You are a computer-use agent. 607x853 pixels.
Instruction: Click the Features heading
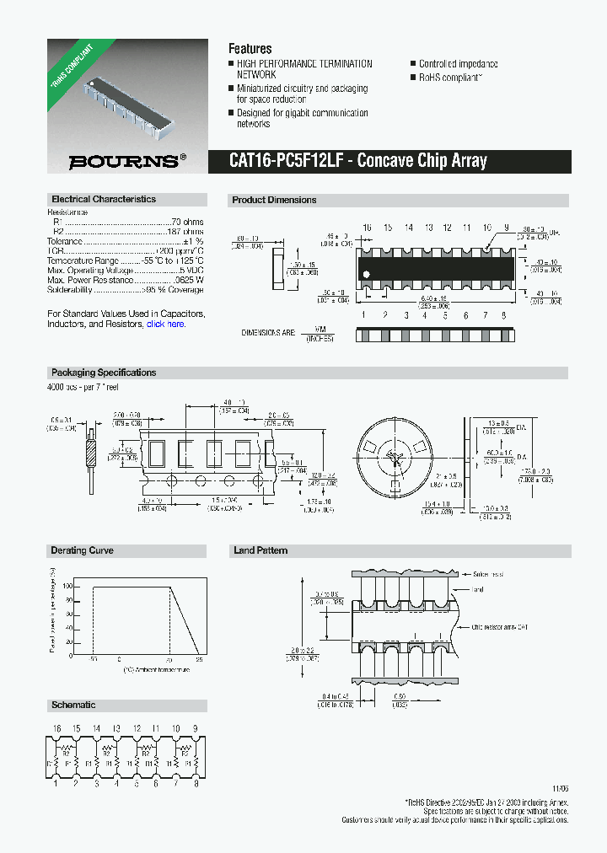[250, 49]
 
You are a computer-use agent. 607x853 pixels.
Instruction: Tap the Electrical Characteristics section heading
[104, 200]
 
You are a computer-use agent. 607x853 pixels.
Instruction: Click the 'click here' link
[165, 325]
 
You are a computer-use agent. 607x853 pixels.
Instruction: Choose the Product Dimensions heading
[274, 201]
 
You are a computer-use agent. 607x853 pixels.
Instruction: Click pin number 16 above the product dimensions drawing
[367, 228]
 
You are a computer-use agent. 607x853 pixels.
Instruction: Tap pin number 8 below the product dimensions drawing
[503, 315]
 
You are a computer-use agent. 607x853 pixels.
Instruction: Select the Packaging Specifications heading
[104, 373]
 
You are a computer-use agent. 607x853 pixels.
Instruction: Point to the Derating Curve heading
[83, 551]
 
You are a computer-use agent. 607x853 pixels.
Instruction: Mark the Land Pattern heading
[261, 551]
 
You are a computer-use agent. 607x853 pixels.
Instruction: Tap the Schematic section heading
[73, 705]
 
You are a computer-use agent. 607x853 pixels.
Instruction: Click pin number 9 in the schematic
[196, 728]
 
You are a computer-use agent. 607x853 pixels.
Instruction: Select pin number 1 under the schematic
[56, 784]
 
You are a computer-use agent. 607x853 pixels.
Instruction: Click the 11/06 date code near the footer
[560, 789]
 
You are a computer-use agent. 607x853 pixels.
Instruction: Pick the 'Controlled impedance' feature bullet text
[458, 64]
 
